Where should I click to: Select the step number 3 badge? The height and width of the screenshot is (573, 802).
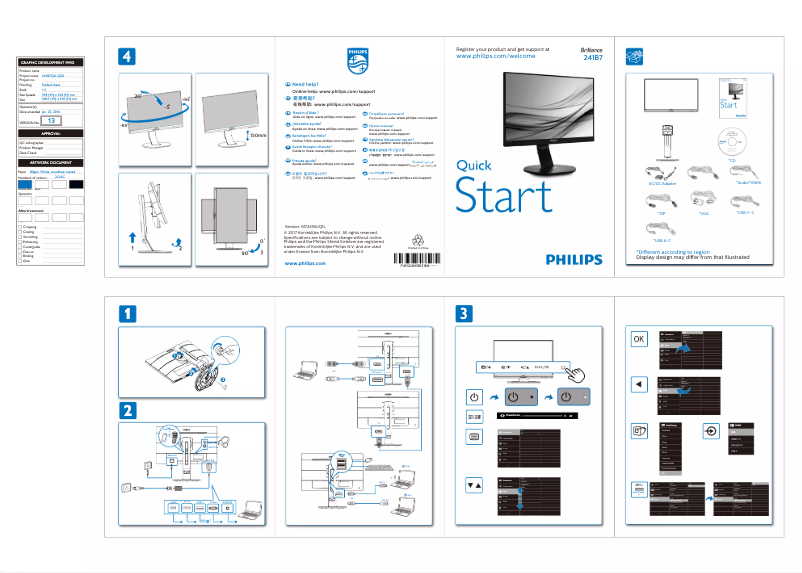coord(465,314)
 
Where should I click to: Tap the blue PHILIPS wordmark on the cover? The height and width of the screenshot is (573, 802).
coord(574,259)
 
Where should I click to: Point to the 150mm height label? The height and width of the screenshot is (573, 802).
coord(258,135)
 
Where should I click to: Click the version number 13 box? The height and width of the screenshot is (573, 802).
coord(53,120)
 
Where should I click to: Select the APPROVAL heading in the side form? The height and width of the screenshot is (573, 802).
coord(51,133)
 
